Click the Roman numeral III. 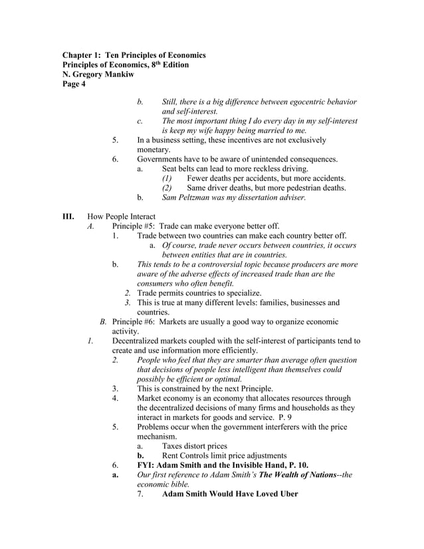point(68,217)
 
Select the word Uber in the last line point(284,494)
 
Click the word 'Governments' point(161,160)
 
